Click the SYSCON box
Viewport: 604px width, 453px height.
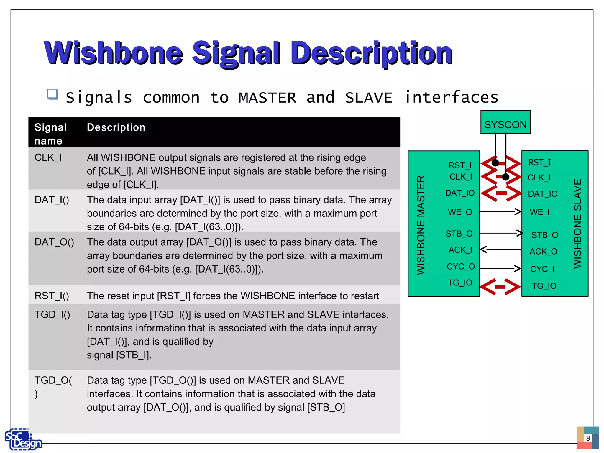point(505,122)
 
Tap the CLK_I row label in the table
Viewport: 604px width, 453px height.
point(48,158)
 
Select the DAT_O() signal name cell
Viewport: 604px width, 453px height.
point(54,242)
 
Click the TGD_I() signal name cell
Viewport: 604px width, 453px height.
point(52,315)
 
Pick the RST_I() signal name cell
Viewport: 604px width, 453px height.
point(52,296)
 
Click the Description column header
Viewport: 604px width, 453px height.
point(116,127)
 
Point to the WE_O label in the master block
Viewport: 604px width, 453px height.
point(460,212)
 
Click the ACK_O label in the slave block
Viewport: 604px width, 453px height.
point(543,252)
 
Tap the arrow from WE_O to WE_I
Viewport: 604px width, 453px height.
point(500,211)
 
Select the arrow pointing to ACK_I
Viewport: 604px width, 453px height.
point(500,250)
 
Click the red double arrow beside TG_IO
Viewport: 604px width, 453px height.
point(500,287)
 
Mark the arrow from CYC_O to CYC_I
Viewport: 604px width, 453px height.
point(500,268)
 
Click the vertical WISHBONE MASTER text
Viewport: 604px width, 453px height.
point(421,225)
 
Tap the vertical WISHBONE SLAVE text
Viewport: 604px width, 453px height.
point(577,224)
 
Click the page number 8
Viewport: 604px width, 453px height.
point(588,438)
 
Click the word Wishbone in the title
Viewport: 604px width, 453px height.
point(114,53)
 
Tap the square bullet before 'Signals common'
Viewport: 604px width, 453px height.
point(52,94)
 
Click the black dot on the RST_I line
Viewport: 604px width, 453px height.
point(495,163)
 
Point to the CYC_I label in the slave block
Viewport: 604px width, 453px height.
point(542,269)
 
